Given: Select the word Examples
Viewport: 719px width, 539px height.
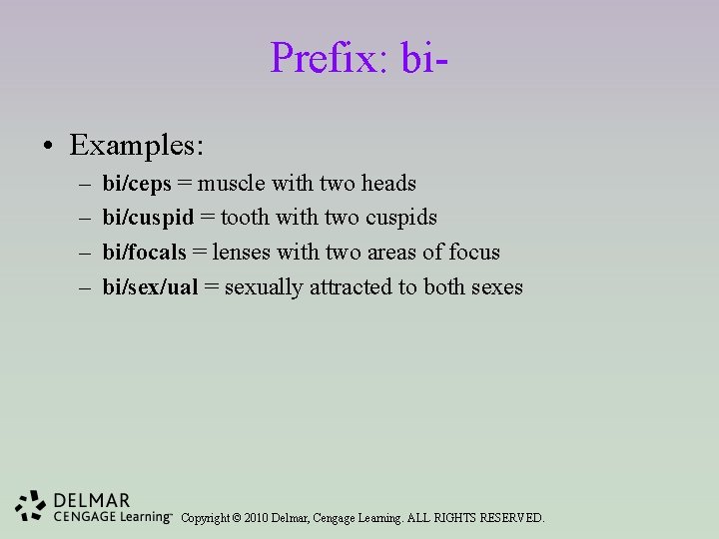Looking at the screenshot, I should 137,146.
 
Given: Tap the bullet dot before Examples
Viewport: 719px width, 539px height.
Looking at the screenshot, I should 48,147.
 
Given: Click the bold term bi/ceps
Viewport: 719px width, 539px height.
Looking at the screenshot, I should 137,184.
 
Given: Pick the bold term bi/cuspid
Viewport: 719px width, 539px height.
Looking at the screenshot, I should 148,218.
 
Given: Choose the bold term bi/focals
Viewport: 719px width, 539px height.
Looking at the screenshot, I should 145,253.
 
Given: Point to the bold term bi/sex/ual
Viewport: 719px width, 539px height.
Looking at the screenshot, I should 150,287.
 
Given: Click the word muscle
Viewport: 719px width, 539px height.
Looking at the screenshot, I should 231,184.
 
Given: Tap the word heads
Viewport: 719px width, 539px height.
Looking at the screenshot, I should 388,184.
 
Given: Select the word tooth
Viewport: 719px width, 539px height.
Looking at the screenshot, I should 243,218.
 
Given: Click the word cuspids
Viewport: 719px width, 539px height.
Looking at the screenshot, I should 401,218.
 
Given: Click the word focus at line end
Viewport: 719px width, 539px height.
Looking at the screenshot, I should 474,253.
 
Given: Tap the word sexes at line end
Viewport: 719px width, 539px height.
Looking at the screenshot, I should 496,287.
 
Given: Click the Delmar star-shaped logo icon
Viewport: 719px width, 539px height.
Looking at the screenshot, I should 31,506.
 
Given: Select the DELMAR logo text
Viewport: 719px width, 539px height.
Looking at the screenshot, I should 93,499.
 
